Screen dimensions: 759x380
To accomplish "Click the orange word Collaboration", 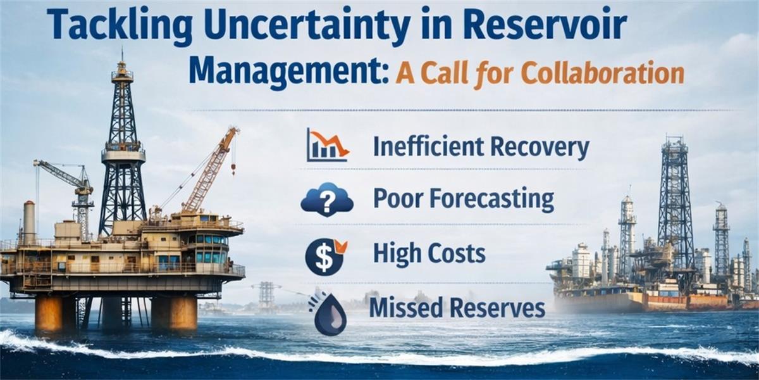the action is click(603, 73).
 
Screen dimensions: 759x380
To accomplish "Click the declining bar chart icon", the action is click(328, 145).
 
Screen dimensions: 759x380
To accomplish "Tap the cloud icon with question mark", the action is click(326, 199).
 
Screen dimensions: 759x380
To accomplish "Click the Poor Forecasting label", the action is click(464, 199).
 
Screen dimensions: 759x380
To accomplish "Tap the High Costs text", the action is click(429, 255).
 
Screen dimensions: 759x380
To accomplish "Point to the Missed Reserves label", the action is click(457, 308).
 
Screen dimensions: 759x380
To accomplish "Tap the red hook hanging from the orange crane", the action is click(233, 168).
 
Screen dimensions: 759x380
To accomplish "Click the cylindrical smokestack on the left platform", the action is click(29, 222).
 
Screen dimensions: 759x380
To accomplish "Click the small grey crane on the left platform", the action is click(68, 190).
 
